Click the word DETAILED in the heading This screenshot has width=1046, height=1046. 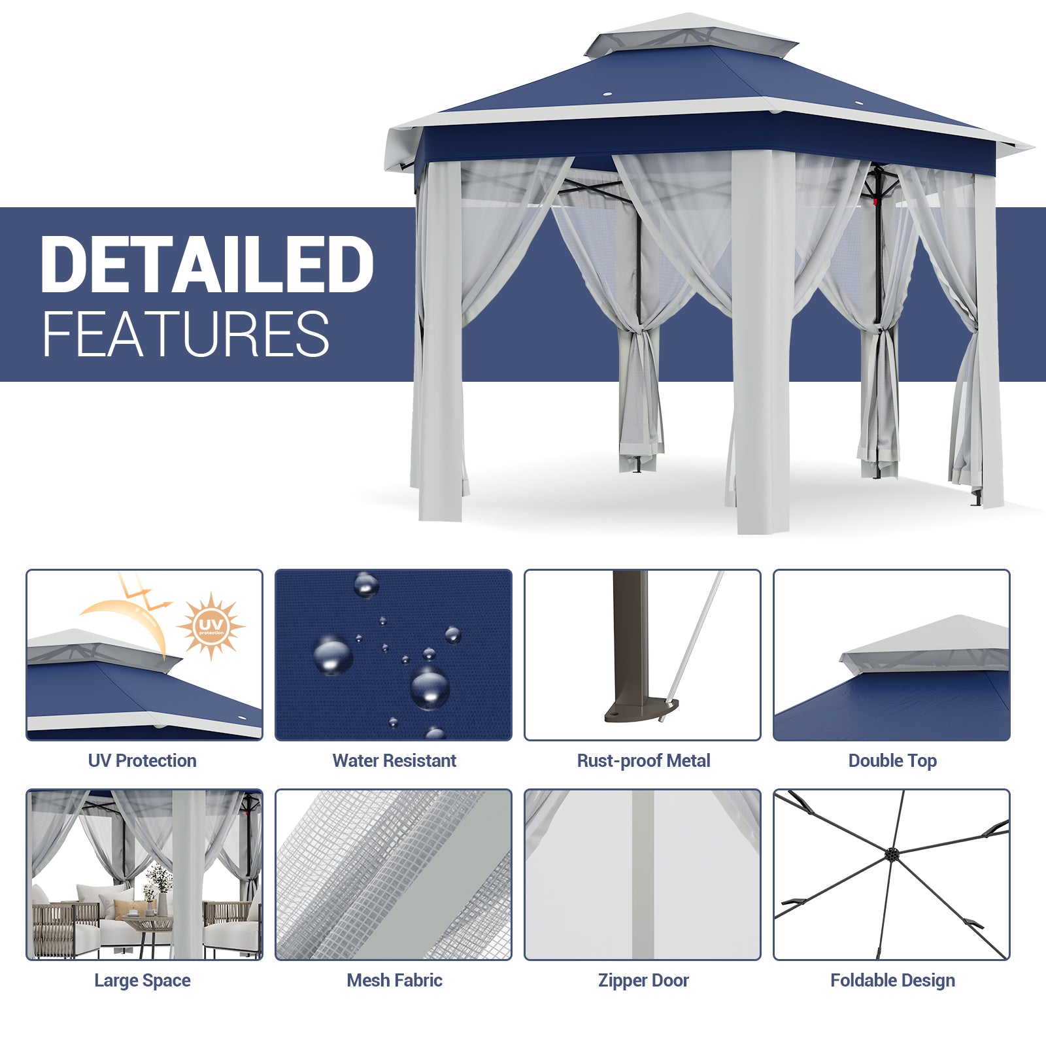(x=207, y=265)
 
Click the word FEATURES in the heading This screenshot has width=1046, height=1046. (x=186, y=334)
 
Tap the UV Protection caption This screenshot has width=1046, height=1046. (x=143, y=760)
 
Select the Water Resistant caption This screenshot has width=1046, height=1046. (x=394, y=760)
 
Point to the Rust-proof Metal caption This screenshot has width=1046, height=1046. (x=643, y=760)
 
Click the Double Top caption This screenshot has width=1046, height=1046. (x=892, y=761)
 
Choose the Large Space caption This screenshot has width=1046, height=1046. (x=143, y=981)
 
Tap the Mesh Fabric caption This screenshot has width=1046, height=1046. (x=394, y=980)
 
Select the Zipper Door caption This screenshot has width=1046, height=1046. (x=643, y=981)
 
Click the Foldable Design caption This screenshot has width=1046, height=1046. (x=892, y=981)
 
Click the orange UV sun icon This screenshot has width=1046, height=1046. (x=211, y=627)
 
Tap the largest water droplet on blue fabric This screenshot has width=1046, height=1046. (x=430, y=688)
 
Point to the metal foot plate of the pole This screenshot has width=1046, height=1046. (x=641, y=710)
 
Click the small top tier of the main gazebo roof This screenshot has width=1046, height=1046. (x=690, y=36)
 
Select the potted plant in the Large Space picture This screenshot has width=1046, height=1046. (x=158, y=886)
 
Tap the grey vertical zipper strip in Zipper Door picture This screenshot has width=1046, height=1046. (x=643, y=874)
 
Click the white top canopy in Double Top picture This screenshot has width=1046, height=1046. (x=924, y=644)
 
